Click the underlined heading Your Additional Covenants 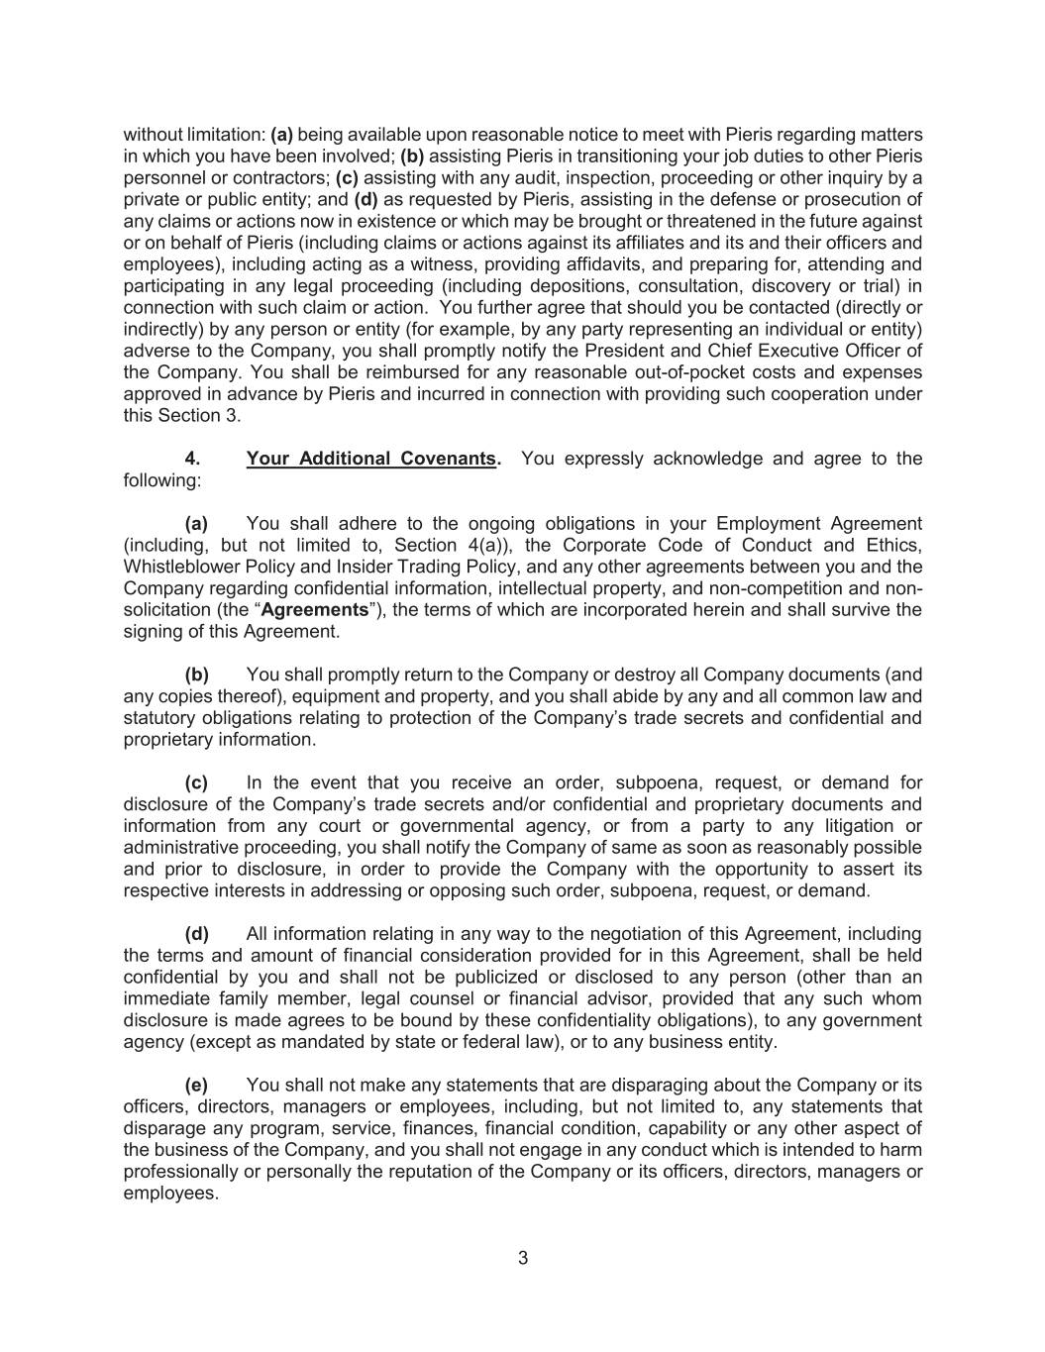[372, 459]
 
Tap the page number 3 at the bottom [523, 1259]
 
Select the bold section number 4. [192, 459]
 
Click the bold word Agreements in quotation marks [314, 610]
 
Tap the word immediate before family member [167, 998]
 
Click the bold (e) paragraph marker [196, 1086]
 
